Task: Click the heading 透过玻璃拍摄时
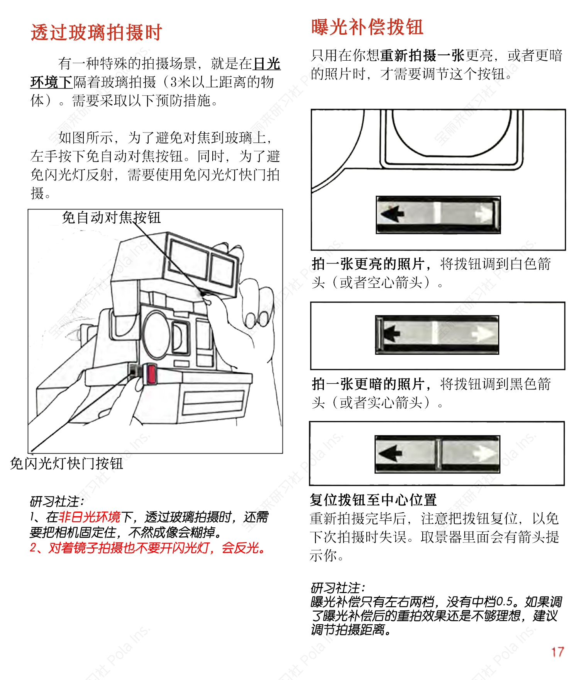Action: (96, 32)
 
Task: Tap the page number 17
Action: (557, 652)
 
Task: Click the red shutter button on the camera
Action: (150, 374)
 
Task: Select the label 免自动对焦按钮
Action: (111, 218)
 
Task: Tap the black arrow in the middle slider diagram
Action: (392, 333)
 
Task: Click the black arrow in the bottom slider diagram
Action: (391, 453)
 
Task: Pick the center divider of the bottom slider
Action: (438, 454)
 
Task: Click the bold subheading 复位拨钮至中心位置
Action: (373, 500)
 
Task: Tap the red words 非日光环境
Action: (90, 517)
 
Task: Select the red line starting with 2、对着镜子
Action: (147, 548)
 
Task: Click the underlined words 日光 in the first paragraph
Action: (267, 64)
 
